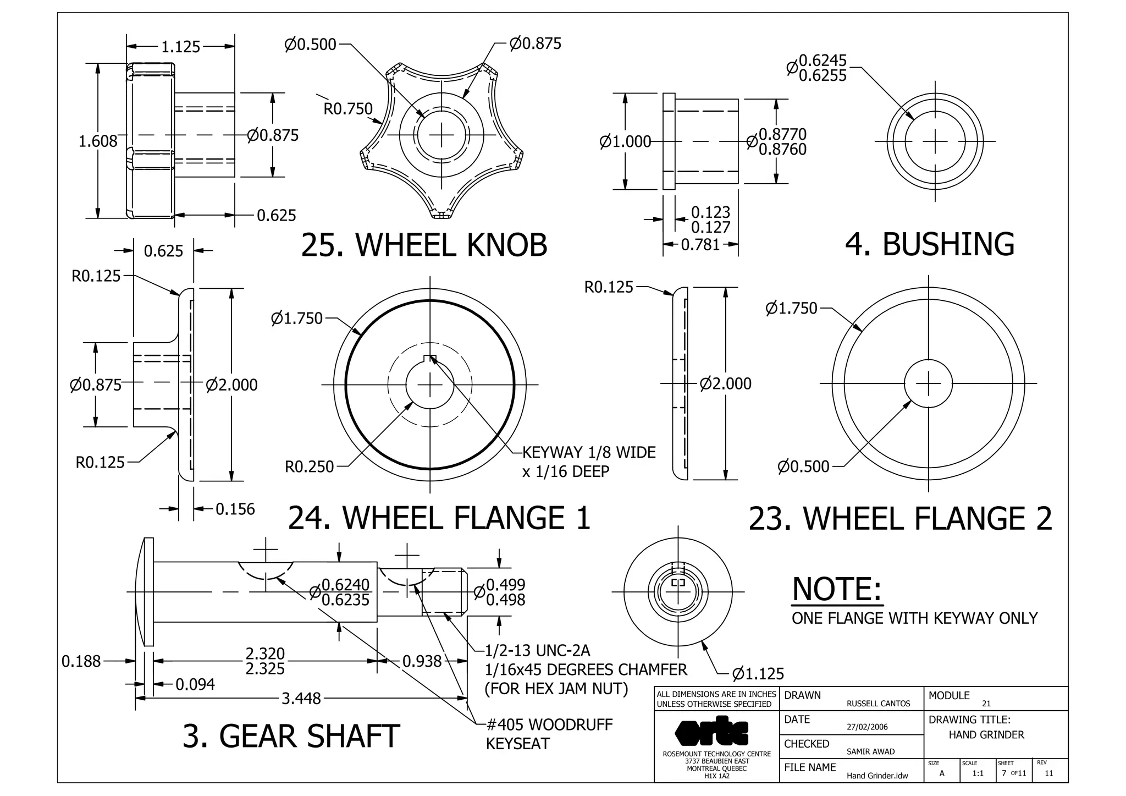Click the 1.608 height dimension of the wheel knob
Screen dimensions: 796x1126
pos(98,141)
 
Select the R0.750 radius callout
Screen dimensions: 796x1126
pos(347,109)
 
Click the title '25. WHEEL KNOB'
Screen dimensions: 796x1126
pos(424,245)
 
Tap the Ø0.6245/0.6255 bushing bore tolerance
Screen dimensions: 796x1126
pos(822,68)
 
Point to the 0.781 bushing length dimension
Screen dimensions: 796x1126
pos(700,244)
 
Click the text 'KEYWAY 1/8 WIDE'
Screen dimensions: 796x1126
pos(589,452)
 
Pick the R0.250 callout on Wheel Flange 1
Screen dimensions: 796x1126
pos(309,466)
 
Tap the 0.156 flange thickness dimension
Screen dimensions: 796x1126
pos(235,509)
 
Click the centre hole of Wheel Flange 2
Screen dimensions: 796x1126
pos(928,383)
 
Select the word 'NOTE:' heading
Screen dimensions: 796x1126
pos(837,589)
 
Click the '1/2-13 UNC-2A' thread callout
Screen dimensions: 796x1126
pos(537,651)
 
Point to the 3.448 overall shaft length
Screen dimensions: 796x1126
pos(301,698)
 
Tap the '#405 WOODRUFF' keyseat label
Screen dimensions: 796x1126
pos(549,724)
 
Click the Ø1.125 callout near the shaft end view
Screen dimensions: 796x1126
pos(758,673)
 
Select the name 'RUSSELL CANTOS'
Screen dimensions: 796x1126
pos(878,704)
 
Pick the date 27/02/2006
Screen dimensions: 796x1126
pos(867,727)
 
